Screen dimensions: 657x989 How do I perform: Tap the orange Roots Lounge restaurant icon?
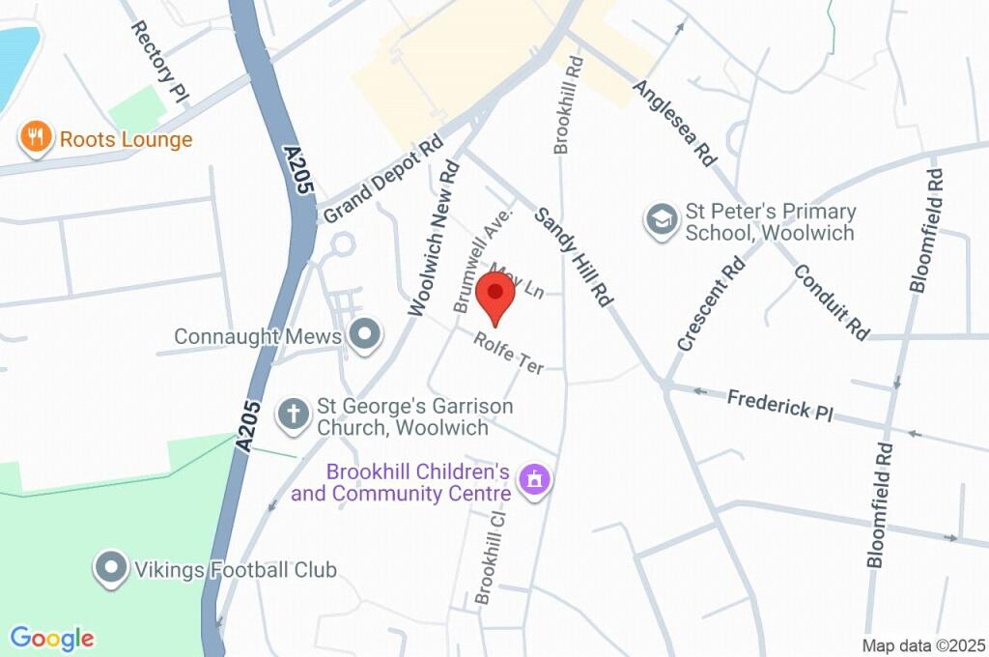(35, 138)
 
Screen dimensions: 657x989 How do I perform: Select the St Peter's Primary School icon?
(662, 221)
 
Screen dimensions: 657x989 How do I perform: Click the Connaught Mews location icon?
(366, 335)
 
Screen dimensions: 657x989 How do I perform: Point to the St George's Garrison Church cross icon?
(292, 414)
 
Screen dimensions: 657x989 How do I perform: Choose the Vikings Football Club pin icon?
(112, 569)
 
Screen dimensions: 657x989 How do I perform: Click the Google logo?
(52, 639)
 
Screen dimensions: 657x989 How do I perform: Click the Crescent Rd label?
(712, 302)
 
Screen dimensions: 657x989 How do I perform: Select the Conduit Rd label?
(832, 300)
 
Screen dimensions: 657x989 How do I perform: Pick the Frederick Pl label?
(779, 404)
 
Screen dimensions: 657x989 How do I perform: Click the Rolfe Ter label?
(509, 353)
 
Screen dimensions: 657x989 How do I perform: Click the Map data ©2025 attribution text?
(922, 645)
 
